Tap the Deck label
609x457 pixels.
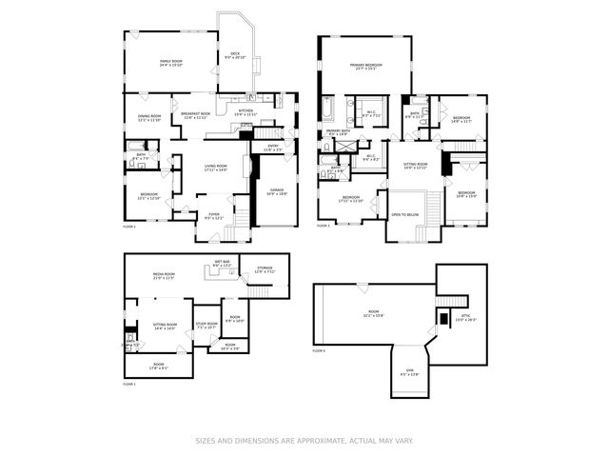(x=234, y=56)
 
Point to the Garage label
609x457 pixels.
(x=277, y=191)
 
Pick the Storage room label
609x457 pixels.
(x=265, y=269)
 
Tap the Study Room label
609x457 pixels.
(x=207, y=325)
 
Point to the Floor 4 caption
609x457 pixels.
(x=319, y=350)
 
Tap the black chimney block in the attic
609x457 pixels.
(x=442, y=317)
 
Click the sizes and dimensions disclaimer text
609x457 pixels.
(x=304, y=441)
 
